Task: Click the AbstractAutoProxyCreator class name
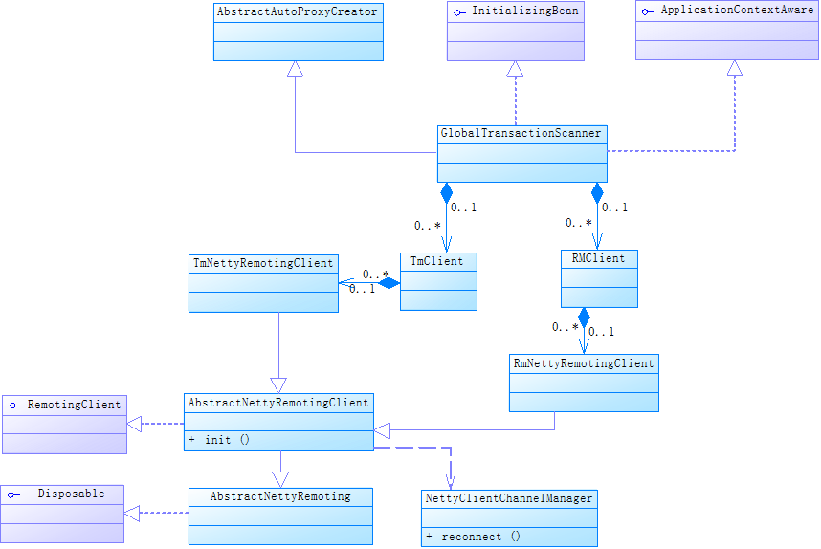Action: pos(298,12)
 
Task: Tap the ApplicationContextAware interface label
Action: pos(737,11)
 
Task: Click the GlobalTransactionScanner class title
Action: pos(521,133)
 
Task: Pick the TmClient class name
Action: pos(436,261)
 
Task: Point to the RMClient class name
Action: pos(597,258)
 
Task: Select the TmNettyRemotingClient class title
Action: pos(263,262)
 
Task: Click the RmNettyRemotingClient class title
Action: pos(584,363)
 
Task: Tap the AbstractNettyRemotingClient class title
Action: pos(277,403)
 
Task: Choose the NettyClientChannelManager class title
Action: pos(509,498)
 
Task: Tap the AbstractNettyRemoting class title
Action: pos(280,496)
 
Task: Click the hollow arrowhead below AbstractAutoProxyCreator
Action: pos(295,69)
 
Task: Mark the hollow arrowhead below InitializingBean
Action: pos(515,69)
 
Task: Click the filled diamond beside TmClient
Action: pos(388,282)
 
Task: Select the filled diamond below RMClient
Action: pos(584,317)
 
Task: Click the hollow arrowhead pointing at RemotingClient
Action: pos(135,424)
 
